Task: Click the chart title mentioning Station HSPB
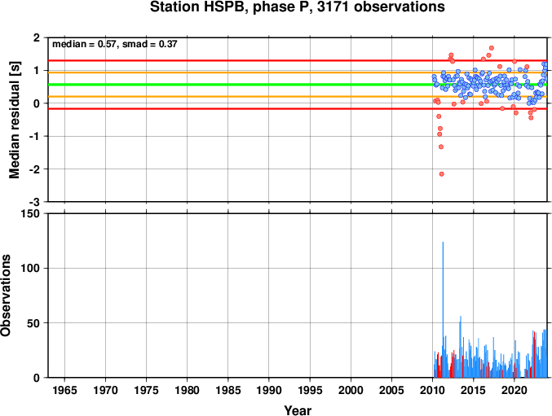point(297,7)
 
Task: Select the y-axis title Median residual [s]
point(15,120)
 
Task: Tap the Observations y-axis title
point(7,296)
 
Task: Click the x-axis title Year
point(297,410)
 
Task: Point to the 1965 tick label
point(65,391)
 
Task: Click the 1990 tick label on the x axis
point(269,391)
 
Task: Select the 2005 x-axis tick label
point(392,391)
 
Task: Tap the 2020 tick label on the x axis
point(514,391)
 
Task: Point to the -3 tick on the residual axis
point(36,202)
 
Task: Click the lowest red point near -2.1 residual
point(441,173)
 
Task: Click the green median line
point(245,85)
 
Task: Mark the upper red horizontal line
point(245,61)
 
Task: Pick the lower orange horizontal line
point(245,97)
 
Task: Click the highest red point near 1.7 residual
point(491,48)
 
